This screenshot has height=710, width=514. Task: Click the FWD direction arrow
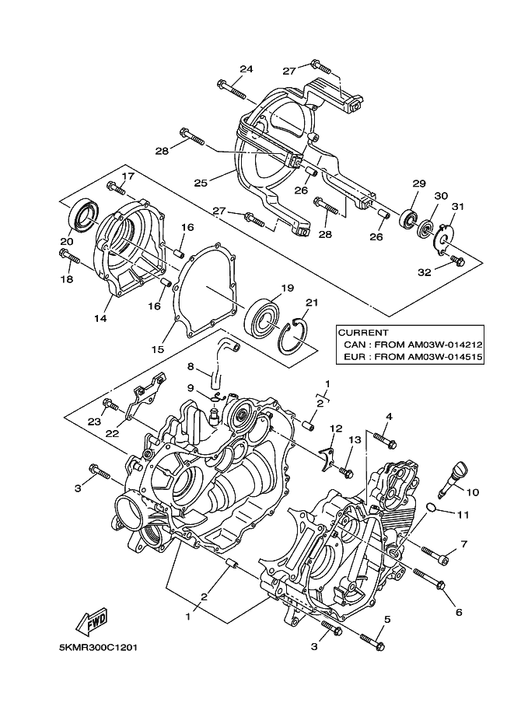93,621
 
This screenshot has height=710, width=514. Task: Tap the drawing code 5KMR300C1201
98,648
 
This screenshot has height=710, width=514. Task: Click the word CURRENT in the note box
363,333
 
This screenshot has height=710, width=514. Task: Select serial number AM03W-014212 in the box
445,345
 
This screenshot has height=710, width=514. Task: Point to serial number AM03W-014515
445,357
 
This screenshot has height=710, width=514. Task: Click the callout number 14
100,318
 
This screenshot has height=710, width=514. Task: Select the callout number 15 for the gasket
158,349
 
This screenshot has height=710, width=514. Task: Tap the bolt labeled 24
232,89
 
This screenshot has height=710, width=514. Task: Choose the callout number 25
200,183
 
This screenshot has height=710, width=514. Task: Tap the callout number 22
112,433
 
